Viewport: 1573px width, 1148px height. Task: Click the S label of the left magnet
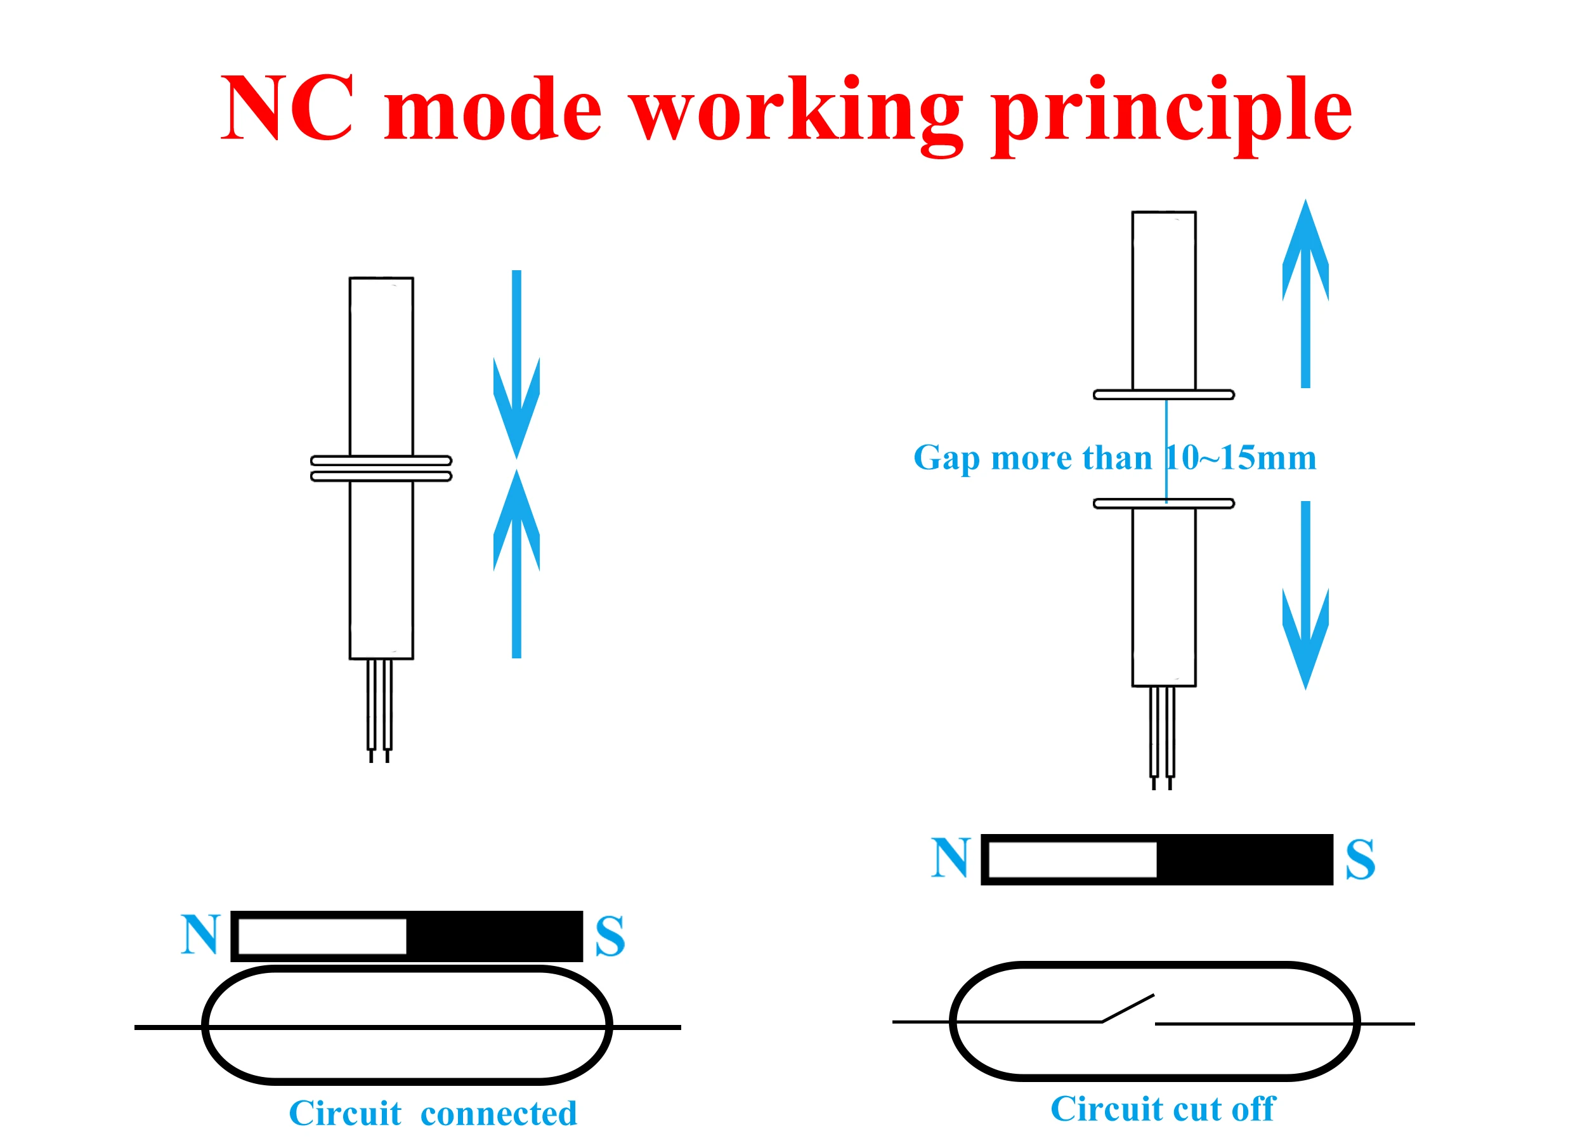point(610,937)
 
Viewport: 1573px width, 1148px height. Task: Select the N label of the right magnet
point(950,858)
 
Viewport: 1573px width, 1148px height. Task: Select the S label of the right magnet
point(1360,860)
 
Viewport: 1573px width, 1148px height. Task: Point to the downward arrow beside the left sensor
point(516,365)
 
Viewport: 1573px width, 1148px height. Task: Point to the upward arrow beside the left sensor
point(516,563)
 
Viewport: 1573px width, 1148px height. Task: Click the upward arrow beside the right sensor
point(1305,292)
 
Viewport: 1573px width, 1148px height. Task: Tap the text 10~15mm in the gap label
point(1240,459)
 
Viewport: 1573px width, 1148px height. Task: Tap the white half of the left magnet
point(322,936)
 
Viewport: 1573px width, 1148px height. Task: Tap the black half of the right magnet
point(1244,859)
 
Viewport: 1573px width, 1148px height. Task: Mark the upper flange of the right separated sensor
point(1163,395)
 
